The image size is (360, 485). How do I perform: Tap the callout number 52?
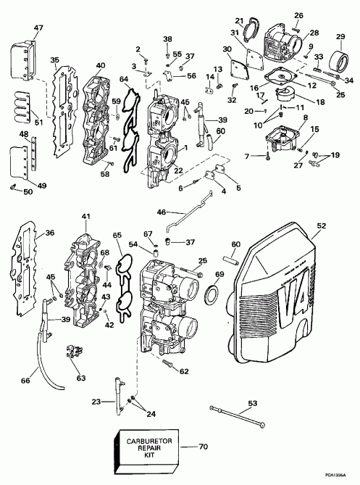click(340, 225)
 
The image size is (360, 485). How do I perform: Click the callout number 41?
click(87, 217)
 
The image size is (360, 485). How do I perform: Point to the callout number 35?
click(55, 61)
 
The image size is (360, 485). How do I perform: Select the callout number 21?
click(240, 20)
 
